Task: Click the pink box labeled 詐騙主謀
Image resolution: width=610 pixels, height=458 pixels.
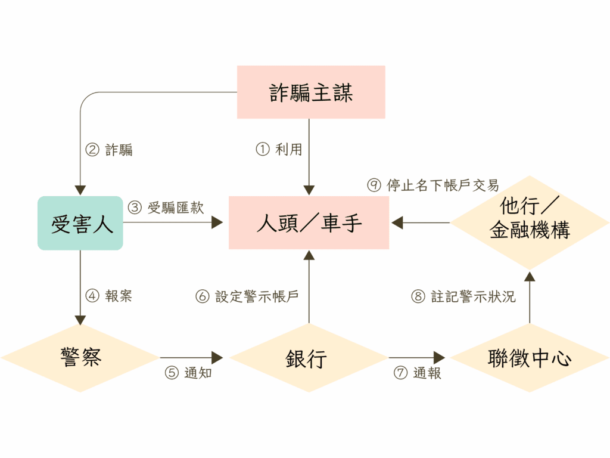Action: coord(311,92)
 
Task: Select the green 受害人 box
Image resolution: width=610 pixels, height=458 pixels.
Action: coord(80,223)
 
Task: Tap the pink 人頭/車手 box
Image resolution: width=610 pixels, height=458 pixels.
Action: coord(309,222)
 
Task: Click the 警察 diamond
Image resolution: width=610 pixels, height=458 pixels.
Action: coord(80,358)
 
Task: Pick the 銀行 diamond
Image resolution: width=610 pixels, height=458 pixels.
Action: coord(309,358)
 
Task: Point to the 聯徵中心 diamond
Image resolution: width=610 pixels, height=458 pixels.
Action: coord(530,358)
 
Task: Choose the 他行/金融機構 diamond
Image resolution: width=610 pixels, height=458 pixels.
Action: coord(530,222)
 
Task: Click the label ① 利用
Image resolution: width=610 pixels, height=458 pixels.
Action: coord(279,149)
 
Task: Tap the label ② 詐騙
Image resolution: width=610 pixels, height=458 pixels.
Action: coord(109,149)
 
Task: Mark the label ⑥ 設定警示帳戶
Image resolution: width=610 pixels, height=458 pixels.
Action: coord(247,296)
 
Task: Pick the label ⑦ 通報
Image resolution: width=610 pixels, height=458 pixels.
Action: coord(417,373)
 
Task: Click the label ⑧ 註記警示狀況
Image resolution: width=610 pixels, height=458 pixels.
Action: coord(463,296)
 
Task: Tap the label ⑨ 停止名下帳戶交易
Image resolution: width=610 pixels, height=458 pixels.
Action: coord(433,185)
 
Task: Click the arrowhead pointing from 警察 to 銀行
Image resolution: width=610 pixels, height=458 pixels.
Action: coord(217,358)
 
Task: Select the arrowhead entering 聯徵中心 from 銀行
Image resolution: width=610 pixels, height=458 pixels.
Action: coord(440,358)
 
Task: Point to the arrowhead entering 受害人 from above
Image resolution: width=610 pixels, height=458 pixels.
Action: coord(80,190)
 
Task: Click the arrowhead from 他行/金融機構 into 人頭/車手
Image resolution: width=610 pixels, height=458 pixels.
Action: coord(397,222)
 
